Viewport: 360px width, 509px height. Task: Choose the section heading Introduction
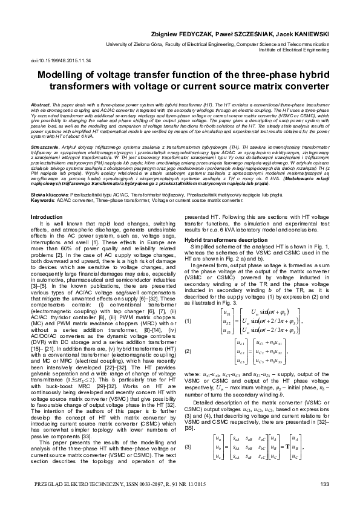pyautogui.click(x=46, y=216)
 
